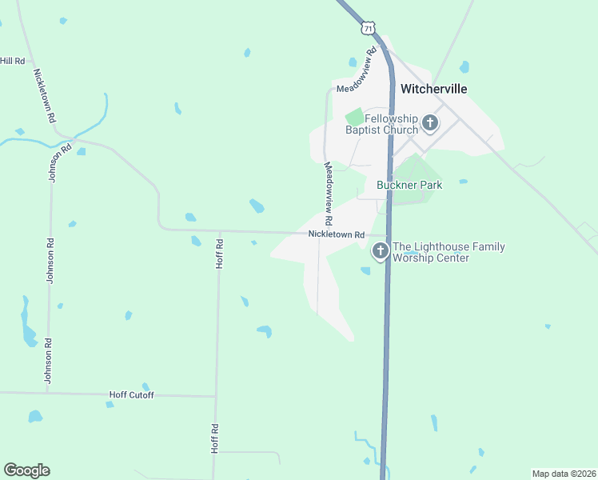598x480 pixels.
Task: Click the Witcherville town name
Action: coord(433,89)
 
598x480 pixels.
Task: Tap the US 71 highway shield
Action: coord(367,28)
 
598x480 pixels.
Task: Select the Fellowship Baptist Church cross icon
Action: coord(431,123)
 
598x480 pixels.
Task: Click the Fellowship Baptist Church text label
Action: coord(381,124)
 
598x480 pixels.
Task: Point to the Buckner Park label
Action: coord(409,185)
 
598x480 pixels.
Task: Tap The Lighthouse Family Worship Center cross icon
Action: coord(381,251)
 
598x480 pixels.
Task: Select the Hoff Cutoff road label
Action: coord(131,395)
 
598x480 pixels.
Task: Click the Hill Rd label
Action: coord(13,61)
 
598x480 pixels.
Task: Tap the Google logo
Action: coord(26,470)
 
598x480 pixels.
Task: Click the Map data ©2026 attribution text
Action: coord(564,474)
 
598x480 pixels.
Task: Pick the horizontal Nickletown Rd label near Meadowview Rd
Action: coord(337,234)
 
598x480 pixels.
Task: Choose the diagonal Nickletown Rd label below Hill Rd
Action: coord(45,95)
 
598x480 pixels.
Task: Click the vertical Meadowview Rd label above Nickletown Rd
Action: coord(328,193)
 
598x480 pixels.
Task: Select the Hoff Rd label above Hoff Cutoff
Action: coord(219,253)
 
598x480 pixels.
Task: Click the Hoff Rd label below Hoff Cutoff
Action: coord(214,438)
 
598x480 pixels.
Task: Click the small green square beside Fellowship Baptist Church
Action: coord(354,117)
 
